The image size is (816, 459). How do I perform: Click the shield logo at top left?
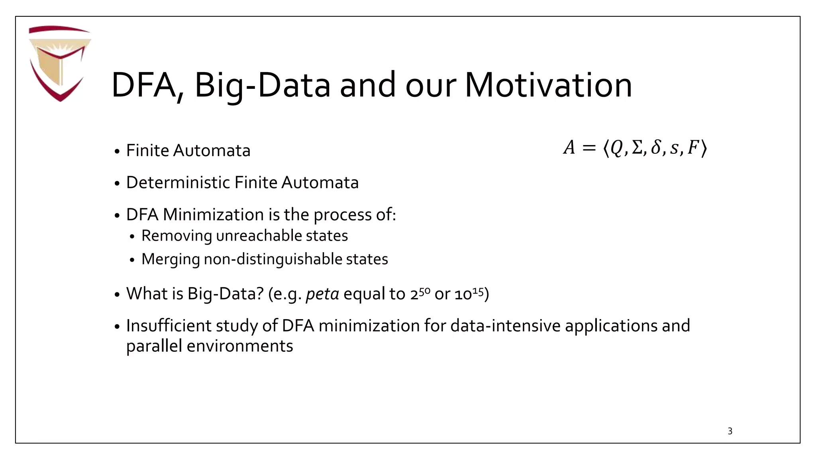60,63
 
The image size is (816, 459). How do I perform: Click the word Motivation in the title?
548,85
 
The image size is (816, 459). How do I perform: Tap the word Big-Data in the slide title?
263,85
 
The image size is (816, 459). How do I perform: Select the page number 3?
730,431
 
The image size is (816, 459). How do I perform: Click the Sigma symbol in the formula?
637,148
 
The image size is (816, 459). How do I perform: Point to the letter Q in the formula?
616,148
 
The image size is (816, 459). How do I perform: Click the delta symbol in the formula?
655,148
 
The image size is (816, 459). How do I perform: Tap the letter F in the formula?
693,148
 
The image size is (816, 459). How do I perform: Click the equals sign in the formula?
589,148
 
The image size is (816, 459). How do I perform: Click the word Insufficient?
169,326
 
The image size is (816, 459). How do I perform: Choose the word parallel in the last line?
154,346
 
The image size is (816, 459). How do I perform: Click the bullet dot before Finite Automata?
117,152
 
